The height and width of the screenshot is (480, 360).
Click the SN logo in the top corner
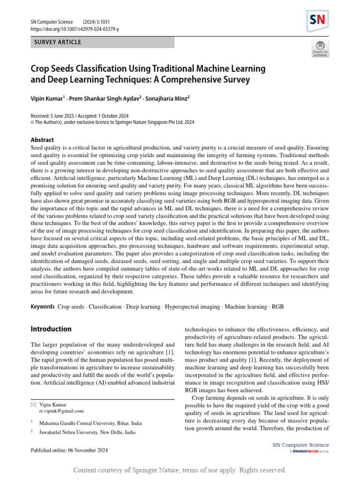[317, 21]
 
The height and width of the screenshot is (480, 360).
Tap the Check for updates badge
[320, 49]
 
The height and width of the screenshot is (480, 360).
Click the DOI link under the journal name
[75, 29]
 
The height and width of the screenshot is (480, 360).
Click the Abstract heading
[42, 140]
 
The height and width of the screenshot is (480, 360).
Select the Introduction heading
[51, 329]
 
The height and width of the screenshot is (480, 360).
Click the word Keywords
[43, 307]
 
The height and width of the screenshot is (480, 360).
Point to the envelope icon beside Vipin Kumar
[33, 405]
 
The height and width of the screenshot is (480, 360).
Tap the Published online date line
[69, 450]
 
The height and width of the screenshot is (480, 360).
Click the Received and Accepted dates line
[80, 116]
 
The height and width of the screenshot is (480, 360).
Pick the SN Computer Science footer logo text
[300, 445]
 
